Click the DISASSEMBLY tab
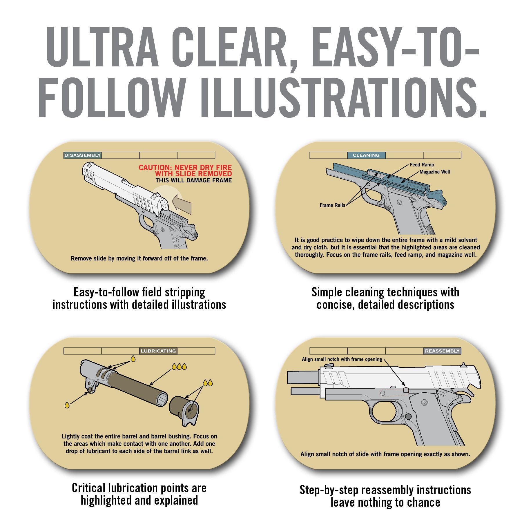[82, 155]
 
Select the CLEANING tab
[366, 155]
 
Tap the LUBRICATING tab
[158, 351]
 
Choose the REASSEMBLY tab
[442, 351]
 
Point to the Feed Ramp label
[422, 165]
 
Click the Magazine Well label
[435, 172]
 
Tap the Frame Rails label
[332, 205]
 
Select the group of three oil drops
[179, 367]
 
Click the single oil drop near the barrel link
[67, 405]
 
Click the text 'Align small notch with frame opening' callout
[342, 359]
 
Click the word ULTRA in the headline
[102, 47]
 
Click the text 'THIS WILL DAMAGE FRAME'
[194, 180]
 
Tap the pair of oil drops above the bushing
[208, 383]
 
